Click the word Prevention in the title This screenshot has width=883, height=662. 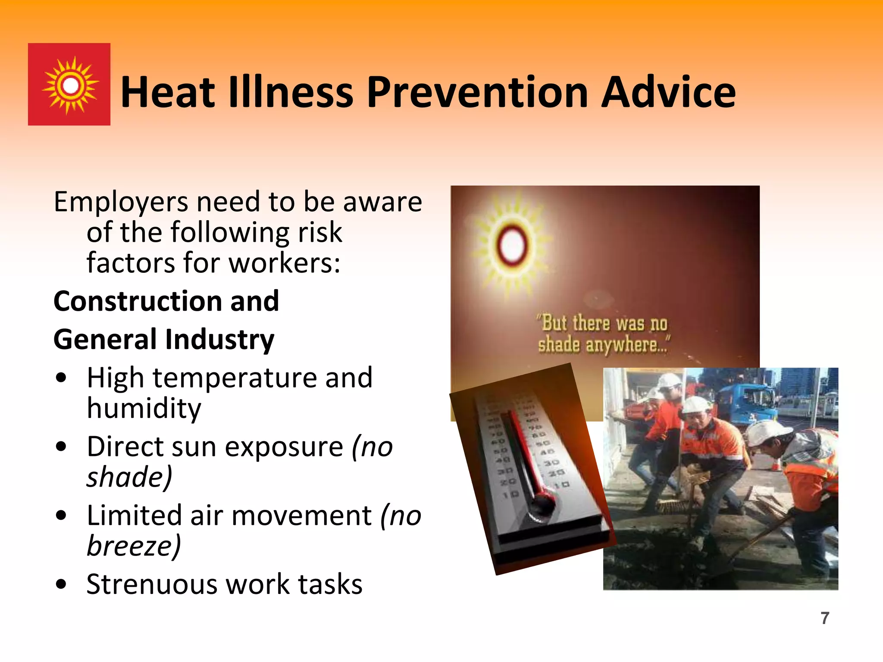(x=478, y=92)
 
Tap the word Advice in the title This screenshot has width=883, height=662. (x=668, y=92)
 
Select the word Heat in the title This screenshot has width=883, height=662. (x=167, y=92)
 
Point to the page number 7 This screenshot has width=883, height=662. (x=825, y=618)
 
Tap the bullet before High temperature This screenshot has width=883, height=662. (x=61, y=378)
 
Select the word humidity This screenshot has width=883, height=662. (x=144, y=409)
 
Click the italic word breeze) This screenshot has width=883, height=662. (x=134, y=546)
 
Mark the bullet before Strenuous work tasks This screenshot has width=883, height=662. (x=61, y=584)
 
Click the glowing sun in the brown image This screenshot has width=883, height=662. (x=512, y=244)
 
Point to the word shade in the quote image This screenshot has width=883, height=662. (x=558, y=345)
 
